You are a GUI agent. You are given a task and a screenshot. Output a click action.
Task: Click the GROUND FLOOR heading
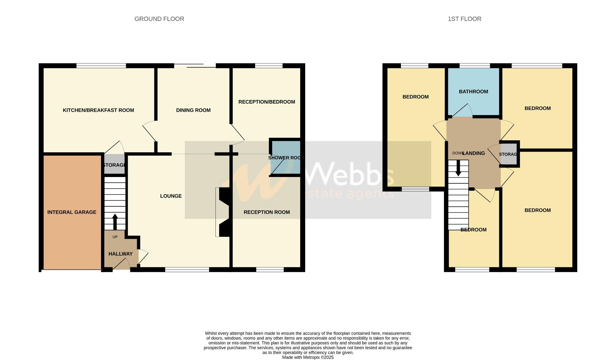[159, 19]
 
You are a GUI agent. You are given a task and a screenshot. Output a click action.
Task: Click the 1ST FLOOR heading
[464, 19]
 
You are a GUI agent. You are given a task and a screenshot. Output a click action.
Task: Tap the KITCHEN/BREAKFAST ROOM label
[98, 110]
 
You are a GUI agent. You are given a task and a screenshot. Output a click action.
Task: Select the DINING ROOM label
[193, 110]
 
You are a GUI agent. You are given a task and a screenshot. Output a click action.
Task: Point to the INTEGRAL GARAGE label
[72, 212]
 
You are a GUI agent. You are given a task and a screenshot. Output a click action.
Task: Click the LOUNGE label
[171, 196]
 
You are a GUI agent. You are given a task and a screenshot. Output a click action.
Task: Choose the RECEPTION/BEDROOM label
[266, 102]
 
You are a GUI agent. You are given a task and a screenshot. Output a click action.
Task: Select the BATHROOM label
[473, 92]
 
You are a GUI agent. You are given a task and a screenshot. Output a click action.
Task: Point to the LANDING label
[474, 153]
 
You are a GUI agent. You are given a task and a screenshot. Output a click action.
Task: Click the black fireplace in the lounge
[223, 212]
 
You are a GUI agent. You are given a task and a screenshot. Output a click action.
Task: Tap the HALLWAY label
[120, 254]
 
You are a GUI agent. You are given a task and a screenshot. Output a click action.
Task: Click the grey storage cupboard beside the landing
[508, 154]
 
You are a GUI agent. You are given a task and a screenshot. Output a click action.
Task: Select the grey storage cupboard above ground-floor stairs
[114, 165]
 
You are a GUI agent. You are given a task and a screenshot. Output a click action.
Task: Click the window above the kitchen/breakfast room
[101, 66]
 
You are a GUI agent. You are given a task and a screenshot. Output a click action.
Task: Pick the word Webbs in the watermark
[349, 174]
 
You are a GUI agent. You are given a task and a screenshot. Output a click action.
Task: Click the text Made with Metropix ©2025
[307, 357]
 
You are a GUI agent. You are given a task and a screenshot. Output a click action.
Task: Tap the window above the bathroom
[475, 66]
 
